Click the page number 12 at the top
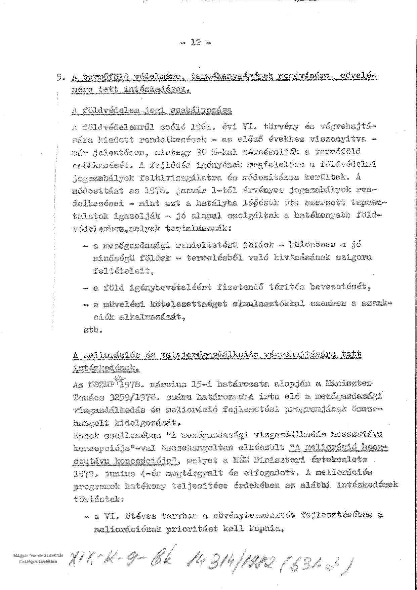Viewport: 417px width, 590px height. click(x=195, y=43)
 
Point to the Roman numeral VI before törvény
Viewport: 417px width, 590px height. click(x=247, y=127)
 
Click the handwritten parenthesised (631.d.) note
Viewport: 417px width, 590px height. click(x=322, y=564)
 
